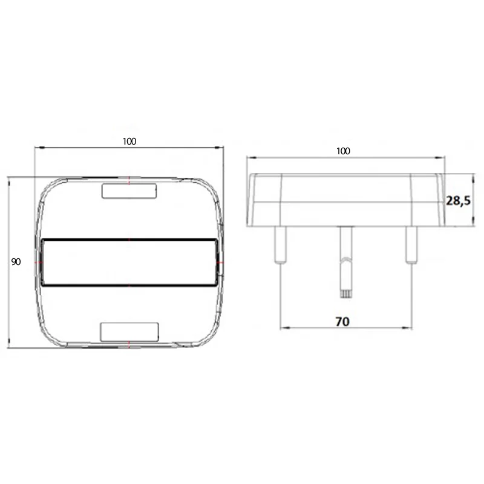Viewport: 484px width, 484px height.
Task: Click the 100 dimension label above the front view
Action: pos(129,141)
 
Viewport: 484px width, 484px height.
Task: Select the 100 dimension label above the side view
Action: pos(343,151)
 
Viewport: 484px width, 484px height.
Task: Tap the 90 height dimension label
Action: pos(16,262)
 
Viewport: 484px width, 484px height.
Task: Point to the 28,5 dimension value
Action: pos(458,201)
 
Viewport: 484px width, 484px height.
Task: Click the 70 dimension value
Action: pos(342,322)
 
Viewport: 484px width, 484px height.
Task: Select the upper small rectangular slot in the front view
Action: pos(129,191)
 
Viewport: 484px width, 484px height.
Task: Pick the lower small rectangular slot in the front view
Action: pos(129,332)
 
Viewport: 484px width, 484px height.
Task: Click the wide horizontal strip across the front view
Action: pos(129,262)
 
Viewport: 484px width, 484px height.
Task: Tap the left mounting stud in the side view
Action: pos(279,245)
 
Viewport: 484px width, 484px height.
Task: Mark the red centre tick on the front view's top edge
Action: pos(129,179)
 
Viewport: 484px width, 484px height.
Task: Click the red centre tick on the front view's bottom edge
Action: pos(129,345)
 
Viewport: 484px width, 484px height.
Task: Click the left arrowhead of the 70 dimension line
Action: pos(282,329)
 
